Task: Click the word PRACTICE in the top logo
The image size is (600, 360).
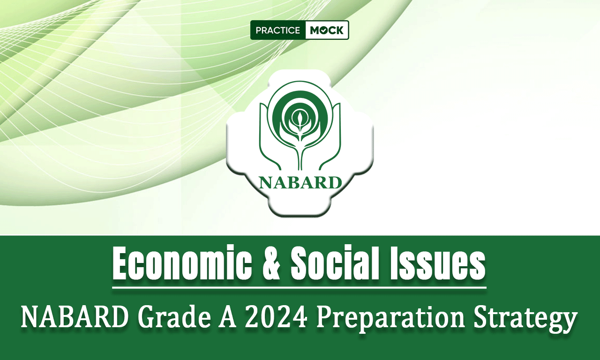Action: coord(278,30)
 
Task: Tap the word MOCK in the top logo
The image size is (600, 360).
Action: coord(327,30)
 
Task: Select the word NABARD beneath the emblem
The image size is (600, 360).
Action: coord(300,182)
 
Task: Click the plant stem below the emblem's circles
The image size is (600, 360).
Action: coord(300,155)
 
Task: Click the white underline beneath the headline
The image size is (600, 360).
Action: coord(299,288)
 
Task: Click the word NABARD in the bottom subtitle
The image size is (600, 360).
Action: coord(75,318)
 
